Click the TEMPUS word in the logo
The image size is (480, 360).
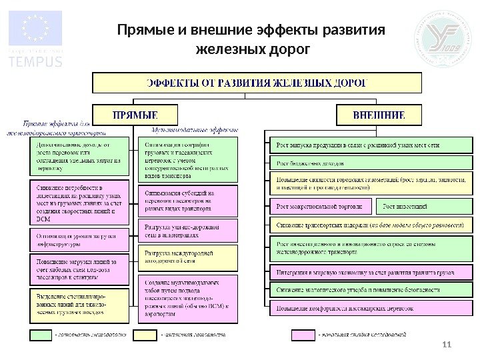tap(35, 62)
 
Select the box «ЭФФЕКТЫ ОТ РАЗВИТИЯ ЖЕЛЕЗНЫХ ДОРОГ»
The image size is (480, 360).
tap(257, 83)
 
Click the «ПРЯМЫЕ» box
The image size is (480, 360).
tap(135, 115)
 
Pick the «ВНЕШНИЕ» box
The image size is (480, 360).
tap(379, 115)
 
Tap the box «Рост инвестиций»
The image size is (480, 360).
tap(420, 207)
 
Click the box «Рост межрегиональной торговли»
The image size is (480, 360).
tap(319, 207)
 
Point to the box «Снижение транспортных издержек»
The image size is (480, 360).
tap(367, 225)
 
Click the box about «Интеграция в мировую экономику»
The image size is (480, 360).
tap(367, 273)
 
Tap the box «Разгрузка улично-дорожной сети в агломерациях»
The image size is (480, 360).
tap(187, 230)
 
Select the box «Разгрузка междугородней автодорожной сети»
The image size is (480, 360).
tap(187, 257)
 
